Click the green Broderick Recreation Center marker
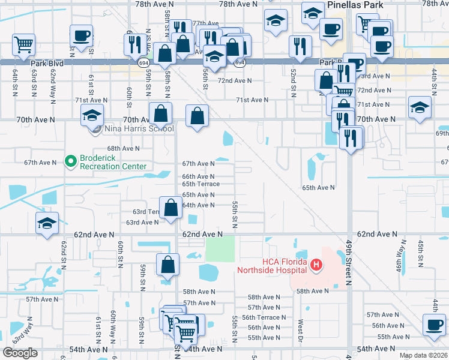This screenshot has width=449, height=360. (x=70, y=161)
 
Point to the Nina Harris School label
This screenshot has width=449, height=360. (x=139, y=128)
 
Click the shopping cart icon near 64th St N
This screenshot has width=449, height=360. (x=23, y=44)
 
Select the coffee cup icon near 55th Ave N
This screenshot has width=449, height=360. (x=433, y=326)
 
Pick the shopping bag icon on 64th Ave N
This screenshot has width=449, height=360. (x=171, y=208)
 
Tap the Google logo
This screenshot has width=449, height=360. (x=20, y=353)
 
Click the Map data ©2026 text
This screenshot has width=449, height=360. (x=423, y=355)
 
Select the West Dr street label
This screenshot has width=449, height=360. (x=300, y=330)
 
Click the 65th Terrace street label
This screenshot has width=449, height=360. (x=201, y=184)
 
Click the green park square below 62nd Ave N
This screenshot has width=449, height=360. (x=220, y=249)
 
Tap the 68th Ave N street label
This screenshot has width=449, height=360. (x=124, y=148)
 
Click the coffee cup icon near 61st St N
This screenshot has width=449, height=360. (x=81, y=35)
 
